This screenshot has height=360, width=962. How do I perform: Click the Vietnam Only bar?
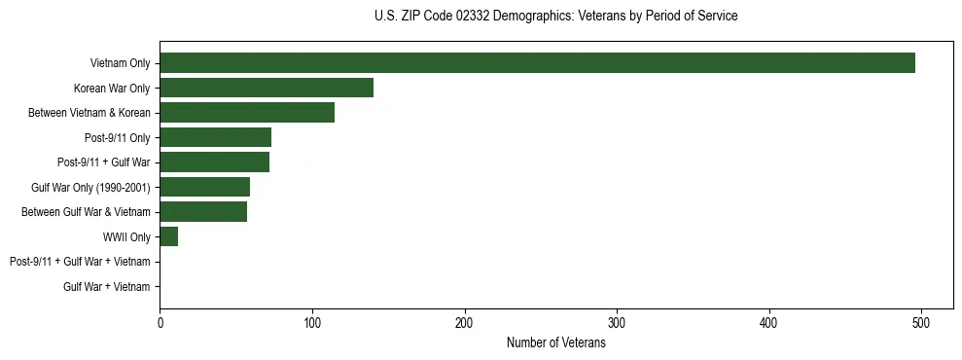[537, 63]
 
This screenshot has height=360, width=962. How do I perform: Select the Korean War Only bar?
[267, 89]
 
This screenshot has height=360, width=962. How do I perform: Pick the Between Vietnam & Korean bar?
[247, 113]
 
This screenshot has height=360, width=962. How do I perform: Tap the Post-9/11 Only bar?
[215, 137]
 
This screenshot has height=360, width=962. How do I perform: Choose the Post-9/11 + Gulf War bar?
[214, 162]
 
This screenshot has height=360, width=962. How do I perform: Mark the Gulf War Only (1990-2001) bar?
[204, 187]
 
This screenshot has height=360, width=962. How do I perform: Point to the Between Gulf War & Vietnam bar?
[203, 212]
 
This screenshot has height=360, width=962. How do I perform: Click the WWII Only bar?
[168, 236]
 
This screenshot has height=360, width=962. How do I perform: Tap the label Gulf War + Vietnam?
[107, 286]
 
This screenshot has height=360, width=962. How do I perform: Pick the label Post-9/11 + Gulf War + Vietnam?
[80, 262]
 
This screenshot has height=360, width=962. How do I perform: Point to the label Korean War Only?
[112, 89]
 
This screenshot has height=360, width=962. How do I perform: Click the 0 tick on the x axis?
[160, 322]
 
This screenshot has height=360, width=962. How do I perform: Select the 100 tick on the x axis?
[312, 322]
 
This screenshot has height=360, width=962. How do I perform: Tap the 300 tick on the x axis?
[617, 322]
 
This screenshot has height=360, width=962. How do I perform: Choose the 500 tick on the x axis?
[921, 322]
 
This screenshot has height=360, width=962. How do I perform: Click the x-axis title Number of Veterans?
[555, 342]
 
